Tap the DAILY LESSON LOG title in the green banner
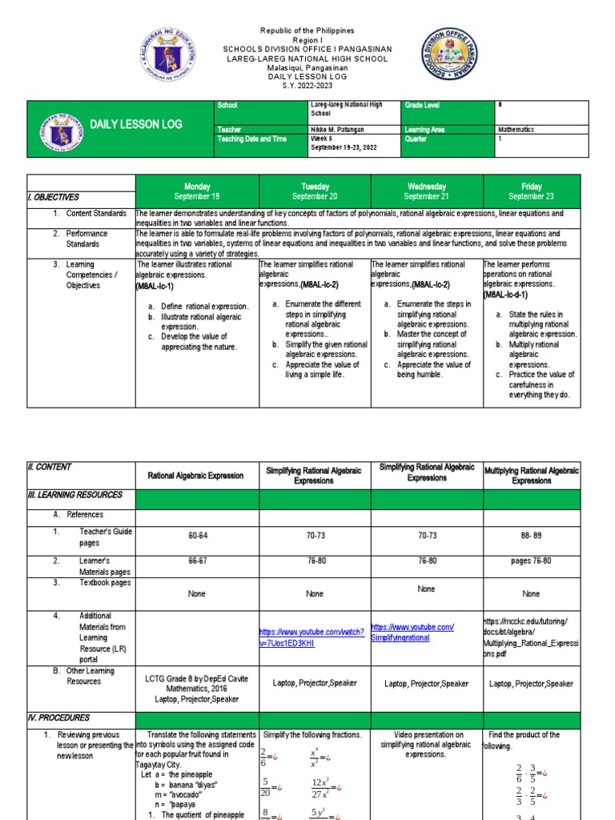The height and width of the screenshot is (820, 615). point(135,124)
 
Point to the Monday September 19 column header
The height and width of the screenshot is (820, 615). point(197,191)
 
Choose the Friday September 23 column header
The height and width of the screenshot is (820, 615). point(531,191)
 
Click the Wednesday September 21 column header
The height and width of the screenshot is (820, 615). point(426,191)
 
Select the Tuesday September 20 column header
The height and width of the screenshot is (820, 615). point(315,191)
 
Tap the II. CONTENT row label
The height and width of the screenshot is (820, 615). point(50,468)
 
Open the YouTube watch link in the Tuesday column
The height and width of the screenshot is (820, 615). point(313,637)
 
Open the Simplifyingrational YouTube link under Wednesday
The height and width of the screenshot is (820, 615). point(412,633)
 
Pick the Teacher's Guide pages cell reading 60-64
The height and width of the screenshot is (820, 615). point(196,541)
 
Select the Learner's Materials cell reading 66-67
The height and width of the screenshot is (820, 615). point(196,562)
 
